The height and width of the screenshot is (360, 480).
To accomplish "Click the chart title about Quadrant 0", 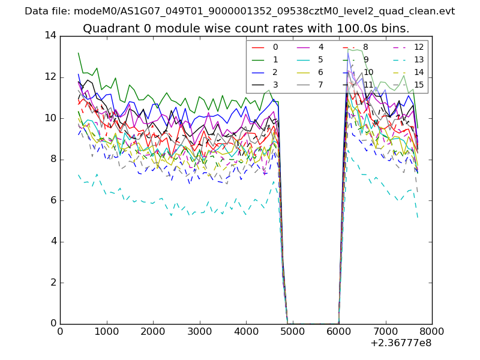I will (246, 28).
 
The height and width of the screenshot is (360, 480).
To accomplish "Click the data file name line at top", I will (240, 11).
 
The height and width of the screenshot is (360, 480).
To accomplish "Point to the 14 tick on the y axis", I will (50, 36).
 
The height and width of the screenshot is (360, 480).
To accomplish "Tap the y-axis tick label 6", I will (53, 200).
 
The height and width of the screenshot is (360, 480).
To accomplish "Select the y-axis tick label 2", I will (53, 283).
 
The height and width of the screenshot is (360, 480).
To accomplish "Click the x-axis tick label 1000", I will (106, 331).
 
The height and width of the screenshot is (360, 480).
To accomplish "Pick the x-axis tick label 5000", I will (292, 331).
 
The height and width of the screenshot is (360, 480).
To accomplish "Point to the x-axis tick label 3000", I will (199, 331).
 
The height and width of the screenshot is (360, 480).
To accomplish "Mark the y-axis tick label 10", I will (50, 118).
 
